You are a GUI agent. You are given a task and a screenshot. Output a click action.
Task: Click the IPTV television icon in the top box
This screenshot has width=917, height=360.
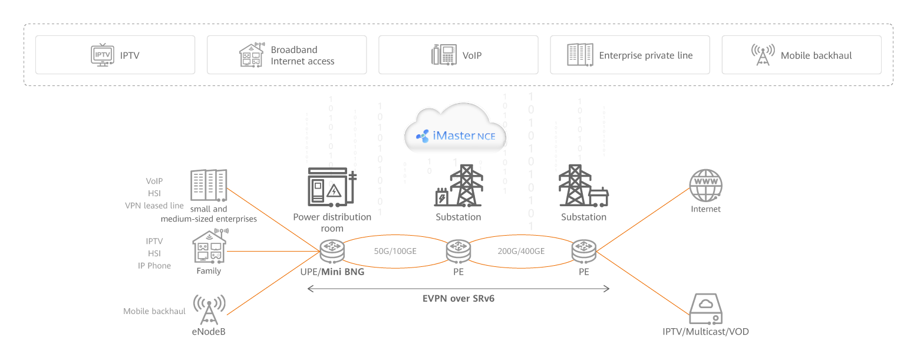[x=102, y=55]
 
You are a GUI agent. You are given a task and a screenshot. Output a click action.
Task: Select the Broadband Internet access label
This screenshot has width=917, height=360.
[x=302, y=55]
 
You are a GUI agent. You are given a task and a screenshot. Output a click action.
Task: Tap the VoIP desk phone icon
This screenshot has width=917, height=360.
[x=444, y=55]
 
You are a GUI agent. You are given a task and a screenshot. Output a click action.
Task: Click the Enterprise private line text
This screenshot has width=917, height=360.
[x=645, y=55]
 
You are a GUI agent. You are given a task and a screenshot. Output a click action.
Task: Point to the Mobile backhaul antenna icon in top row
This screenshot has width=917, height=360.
[x=763, y=55]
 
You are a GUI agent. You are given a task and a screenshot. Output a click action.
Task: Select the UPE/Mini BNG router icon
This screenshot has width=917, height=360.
[x=332, y=252]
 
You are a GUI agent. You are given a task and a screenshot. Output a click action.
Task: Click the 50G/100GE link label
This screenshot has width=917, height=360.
[x=395, y=251]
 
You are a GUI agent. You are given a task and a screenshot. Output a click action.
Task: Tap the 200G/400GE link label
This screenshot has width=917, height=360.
[x=521, y=251]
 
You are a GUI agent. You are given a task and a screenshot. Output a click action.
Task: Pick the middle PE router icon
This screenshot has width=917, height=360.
[x=458, y=252]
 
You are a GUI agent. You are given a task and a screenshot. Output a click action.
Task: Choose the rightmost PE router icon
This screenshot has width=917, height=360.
[x=584, y=252]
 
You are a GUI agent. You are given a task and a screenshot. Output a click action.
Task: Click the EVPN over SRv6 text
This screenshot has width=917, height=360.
[x=458, y=299]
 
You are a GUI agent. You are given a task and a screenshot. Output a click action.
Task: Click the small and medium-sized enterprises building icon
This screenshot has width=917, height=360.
[x=209, y=185]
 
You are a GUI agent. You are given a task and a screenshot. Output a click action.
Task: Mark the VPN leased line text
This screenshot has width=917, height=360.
[x=154, y=206]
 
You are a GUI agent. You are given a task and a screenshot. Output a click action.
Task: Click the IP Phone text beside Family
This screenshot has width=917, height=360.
[x=154, y=266]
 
